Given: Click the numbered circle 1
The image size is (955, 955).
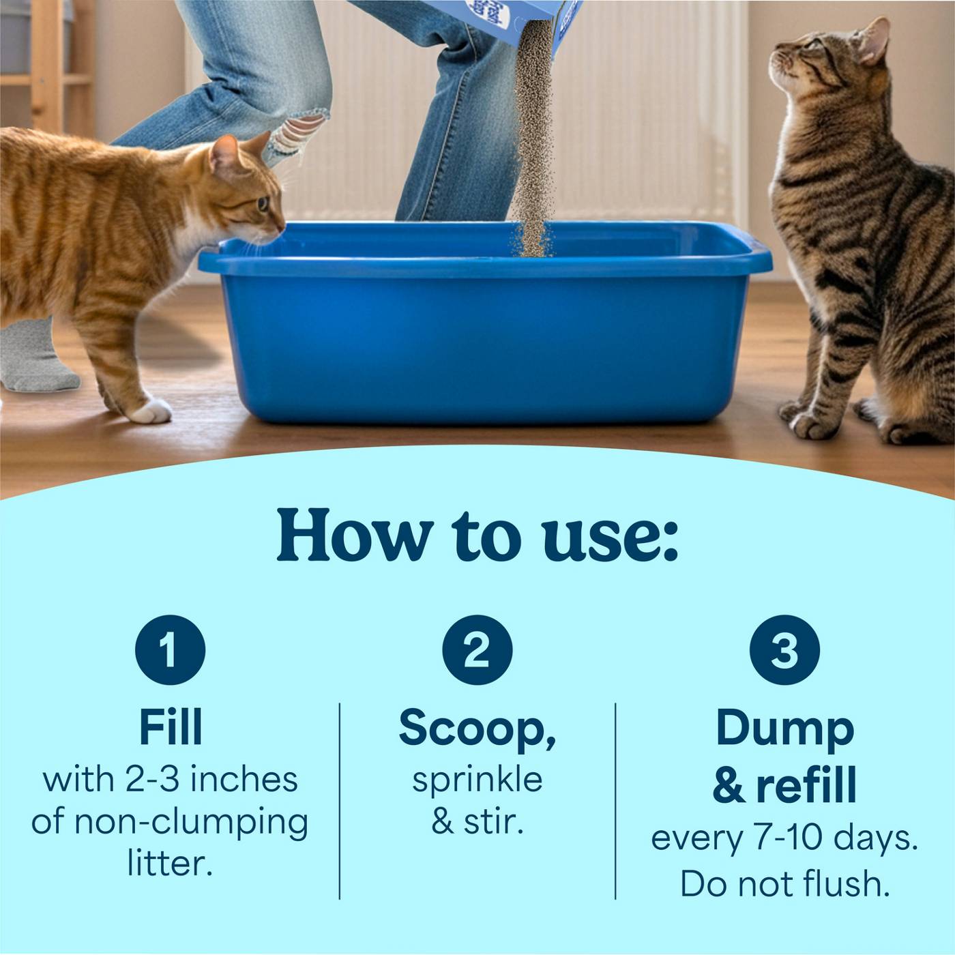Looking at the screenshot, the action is (170, 649).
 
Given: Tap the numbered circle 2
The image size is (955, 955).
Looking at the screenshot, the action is (477, 649).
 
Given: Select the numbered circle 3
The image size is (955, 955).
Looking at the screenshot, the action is (784, 649).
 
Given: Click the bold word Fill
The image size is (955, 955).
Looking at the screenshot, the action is (171, 727).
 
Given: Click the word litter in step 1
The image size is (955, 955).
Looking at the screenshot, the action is (170, 863).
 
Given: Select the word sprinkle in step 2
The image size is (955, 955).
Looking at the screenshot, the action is (477, 780).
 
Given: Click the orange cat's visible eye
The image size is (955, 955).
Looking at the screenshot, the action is (263, 204).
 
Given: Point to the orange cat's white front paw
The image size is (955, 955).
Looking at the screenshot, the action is (151, 411).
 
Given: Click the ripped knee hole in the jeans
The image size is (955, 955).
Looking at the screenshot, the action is (301, 132).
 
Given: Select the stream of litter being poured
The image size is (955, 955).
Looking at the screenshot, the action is (533, 138).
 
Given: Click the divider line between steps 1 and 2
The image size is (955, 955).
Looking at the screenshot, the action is (340, 801).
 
